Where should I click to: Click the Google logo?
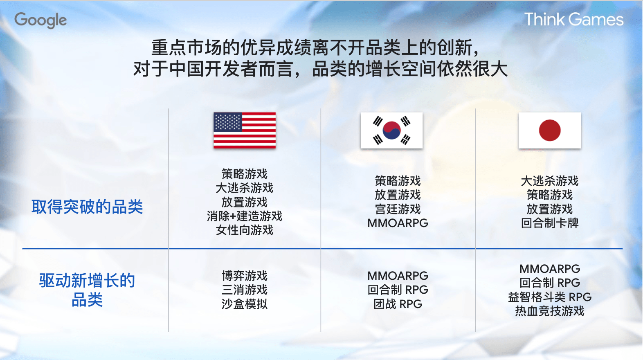(40, 20)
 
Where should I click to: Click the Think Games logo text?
(573, 20)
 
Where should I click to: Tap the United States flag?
(245, 130)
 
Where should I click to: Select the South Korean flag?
(391, 130)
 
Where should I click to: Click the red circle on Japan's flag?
(549, 130)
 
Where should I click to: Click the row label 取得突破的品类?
(87, 207)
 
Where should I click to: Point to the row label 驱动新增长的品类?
(87, 290)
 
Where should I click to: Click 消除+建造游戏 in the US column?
(245, 216)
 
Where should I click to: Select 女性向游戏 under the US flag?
(245, 230)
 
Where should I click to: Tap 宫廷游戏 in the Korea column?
(398, 209)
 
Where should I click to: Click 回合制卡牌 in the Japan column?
(549, 223)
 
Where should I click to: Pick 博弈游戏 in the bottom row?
(245, 276)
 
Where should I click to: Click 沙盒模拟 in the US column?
(245, 304)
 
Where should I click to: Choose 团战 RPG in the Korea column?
(398, 304)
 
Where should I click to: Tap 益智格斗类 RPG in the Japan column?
(549, 297)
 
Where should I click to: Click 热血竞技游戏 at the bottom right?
(549, 311)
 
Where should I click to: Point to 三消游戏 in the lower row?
(245, 290)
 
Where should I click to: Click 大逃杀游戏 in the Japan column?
(549, 181)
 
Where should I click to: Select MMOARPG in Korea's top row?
(398, 223)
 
